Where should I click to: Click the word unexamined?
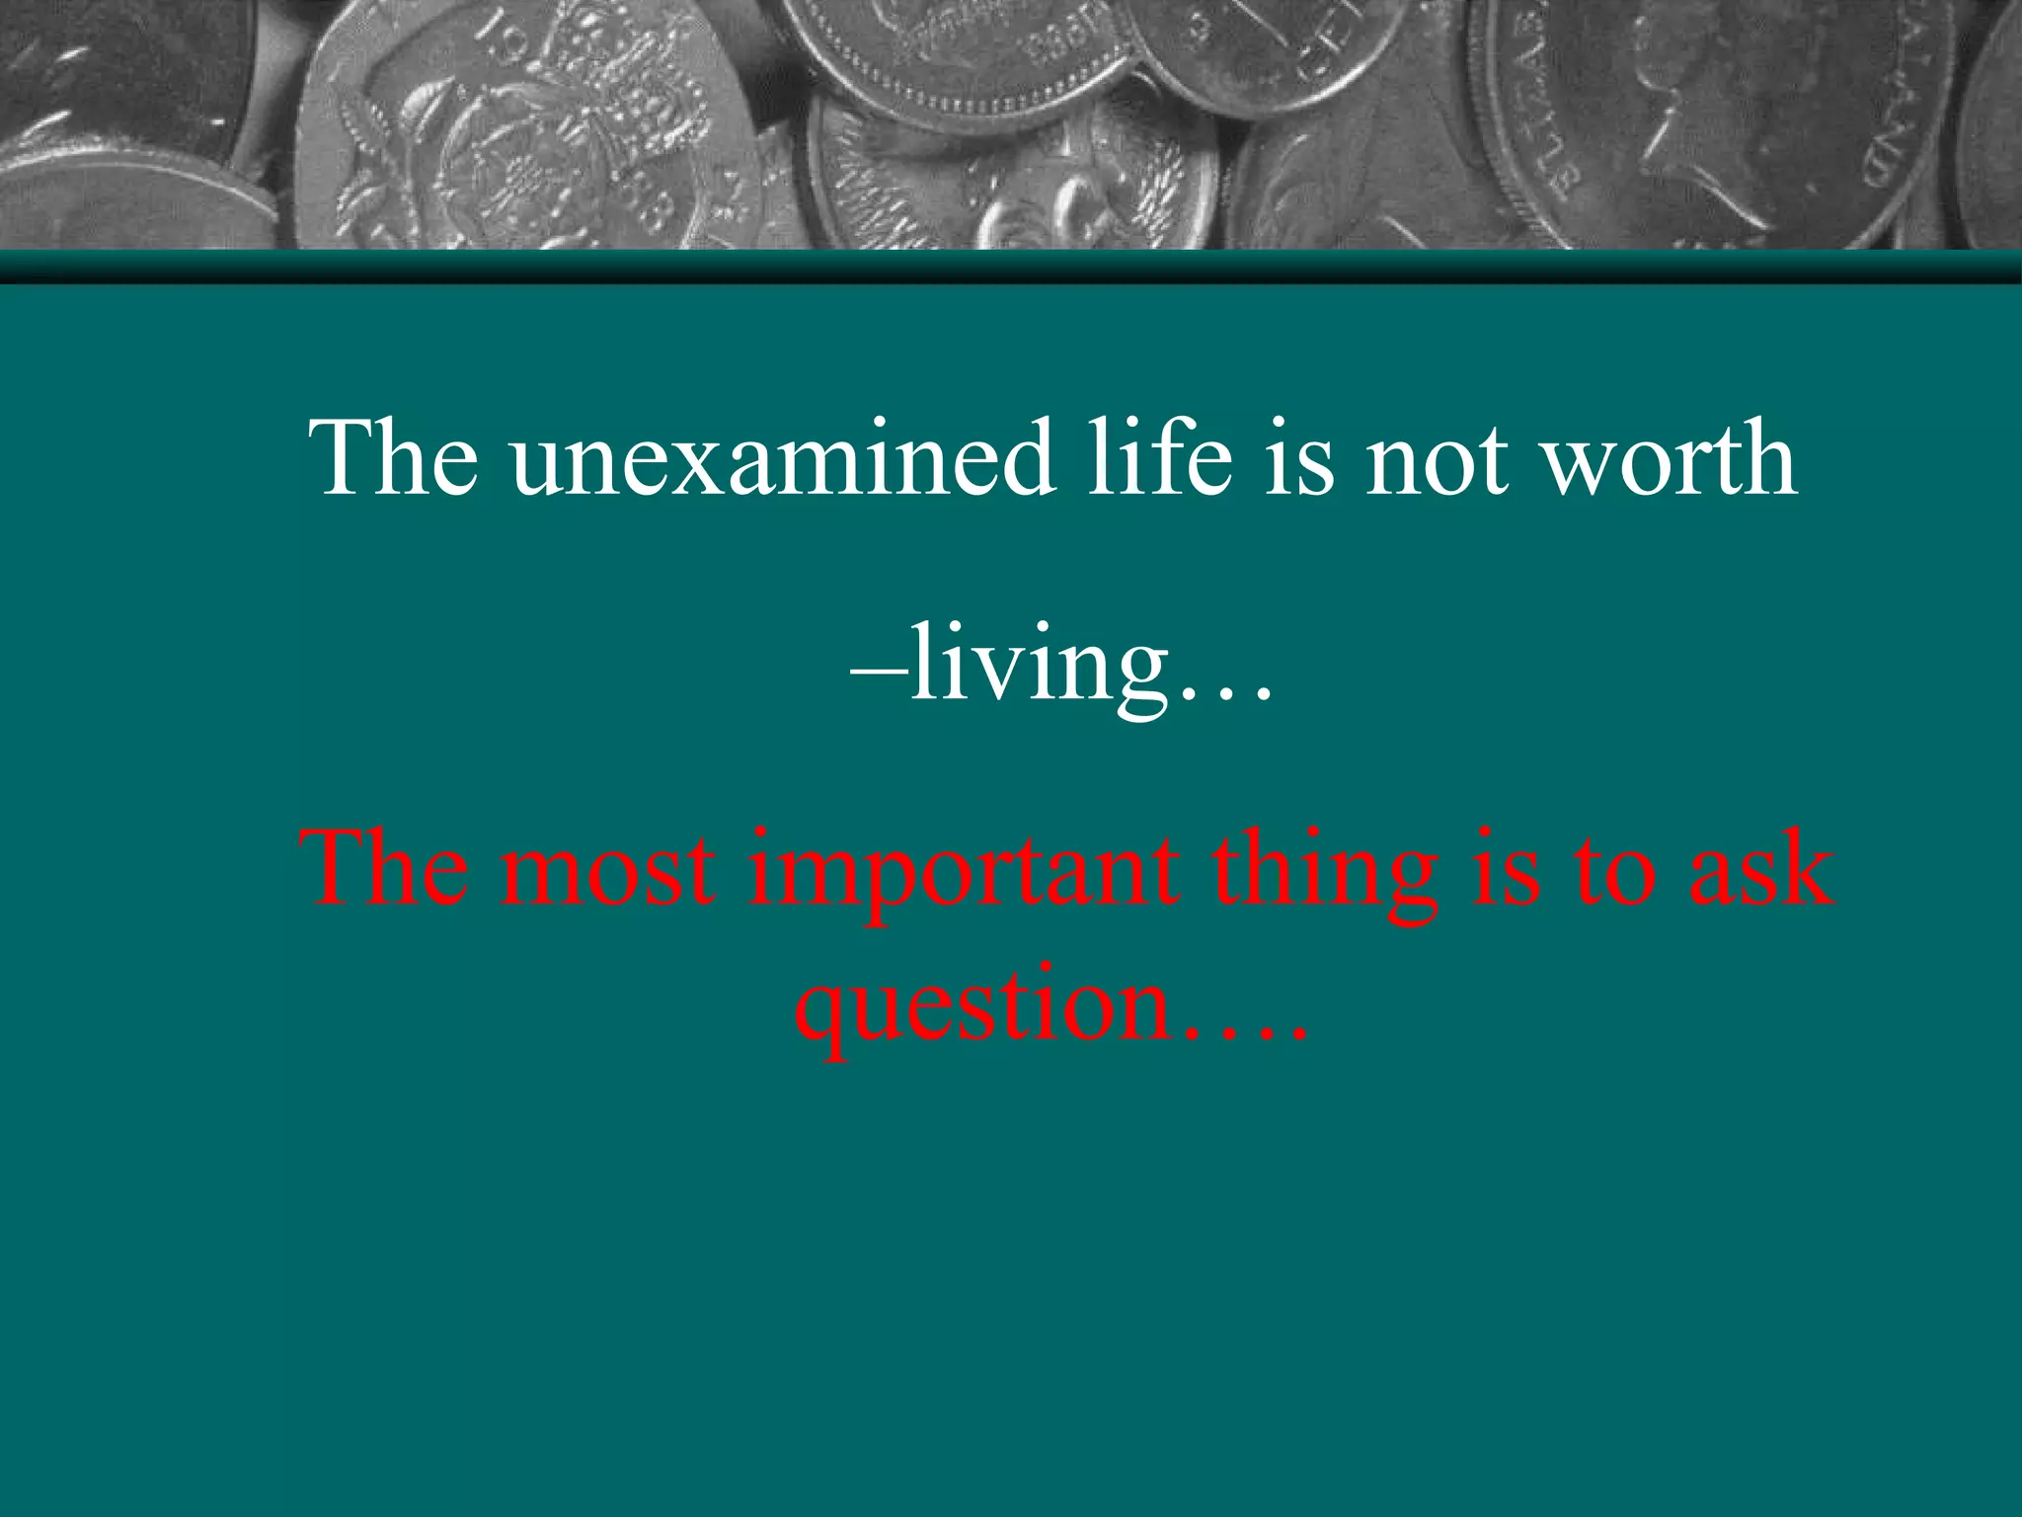point(781,457)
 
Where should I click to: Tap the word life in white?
point(1159,457)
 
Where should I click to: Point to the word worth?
point(1670,457)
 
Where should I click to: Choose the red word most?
point(607,869)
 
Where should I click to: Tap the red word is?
point(1505,869)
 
